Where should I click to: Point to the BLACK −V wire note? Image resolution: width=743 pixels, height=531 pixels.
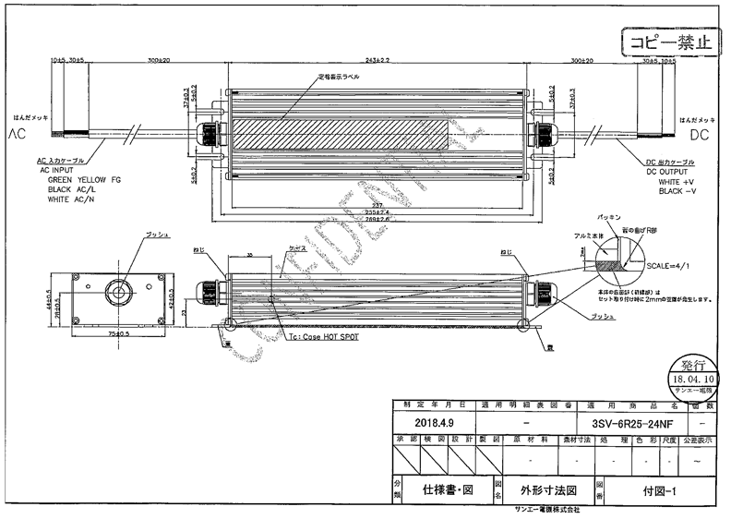[x=676, y=192]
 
